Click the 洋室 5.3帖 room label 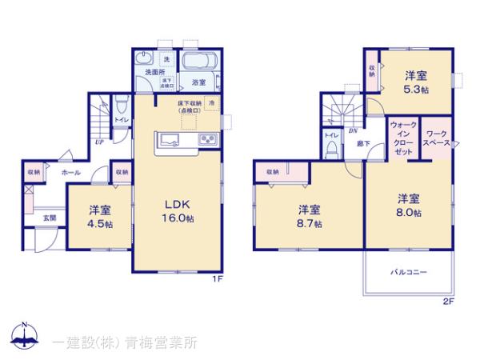click(415, 82)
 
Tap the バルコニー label click(409, 272)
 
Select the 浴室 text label click(198, 82)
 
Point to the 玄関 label click(49, 218)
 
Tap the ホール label click(70, 172)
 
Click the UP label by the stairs click(98, 142)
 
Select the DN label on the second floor click(352, 130)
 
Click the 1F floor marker click(217, 279)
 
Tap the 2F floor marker click(448, 302)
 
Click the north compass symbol click(25, 337)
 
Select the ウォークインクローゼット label click(402, 138)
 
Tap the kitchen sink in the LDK click(171, 141)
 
